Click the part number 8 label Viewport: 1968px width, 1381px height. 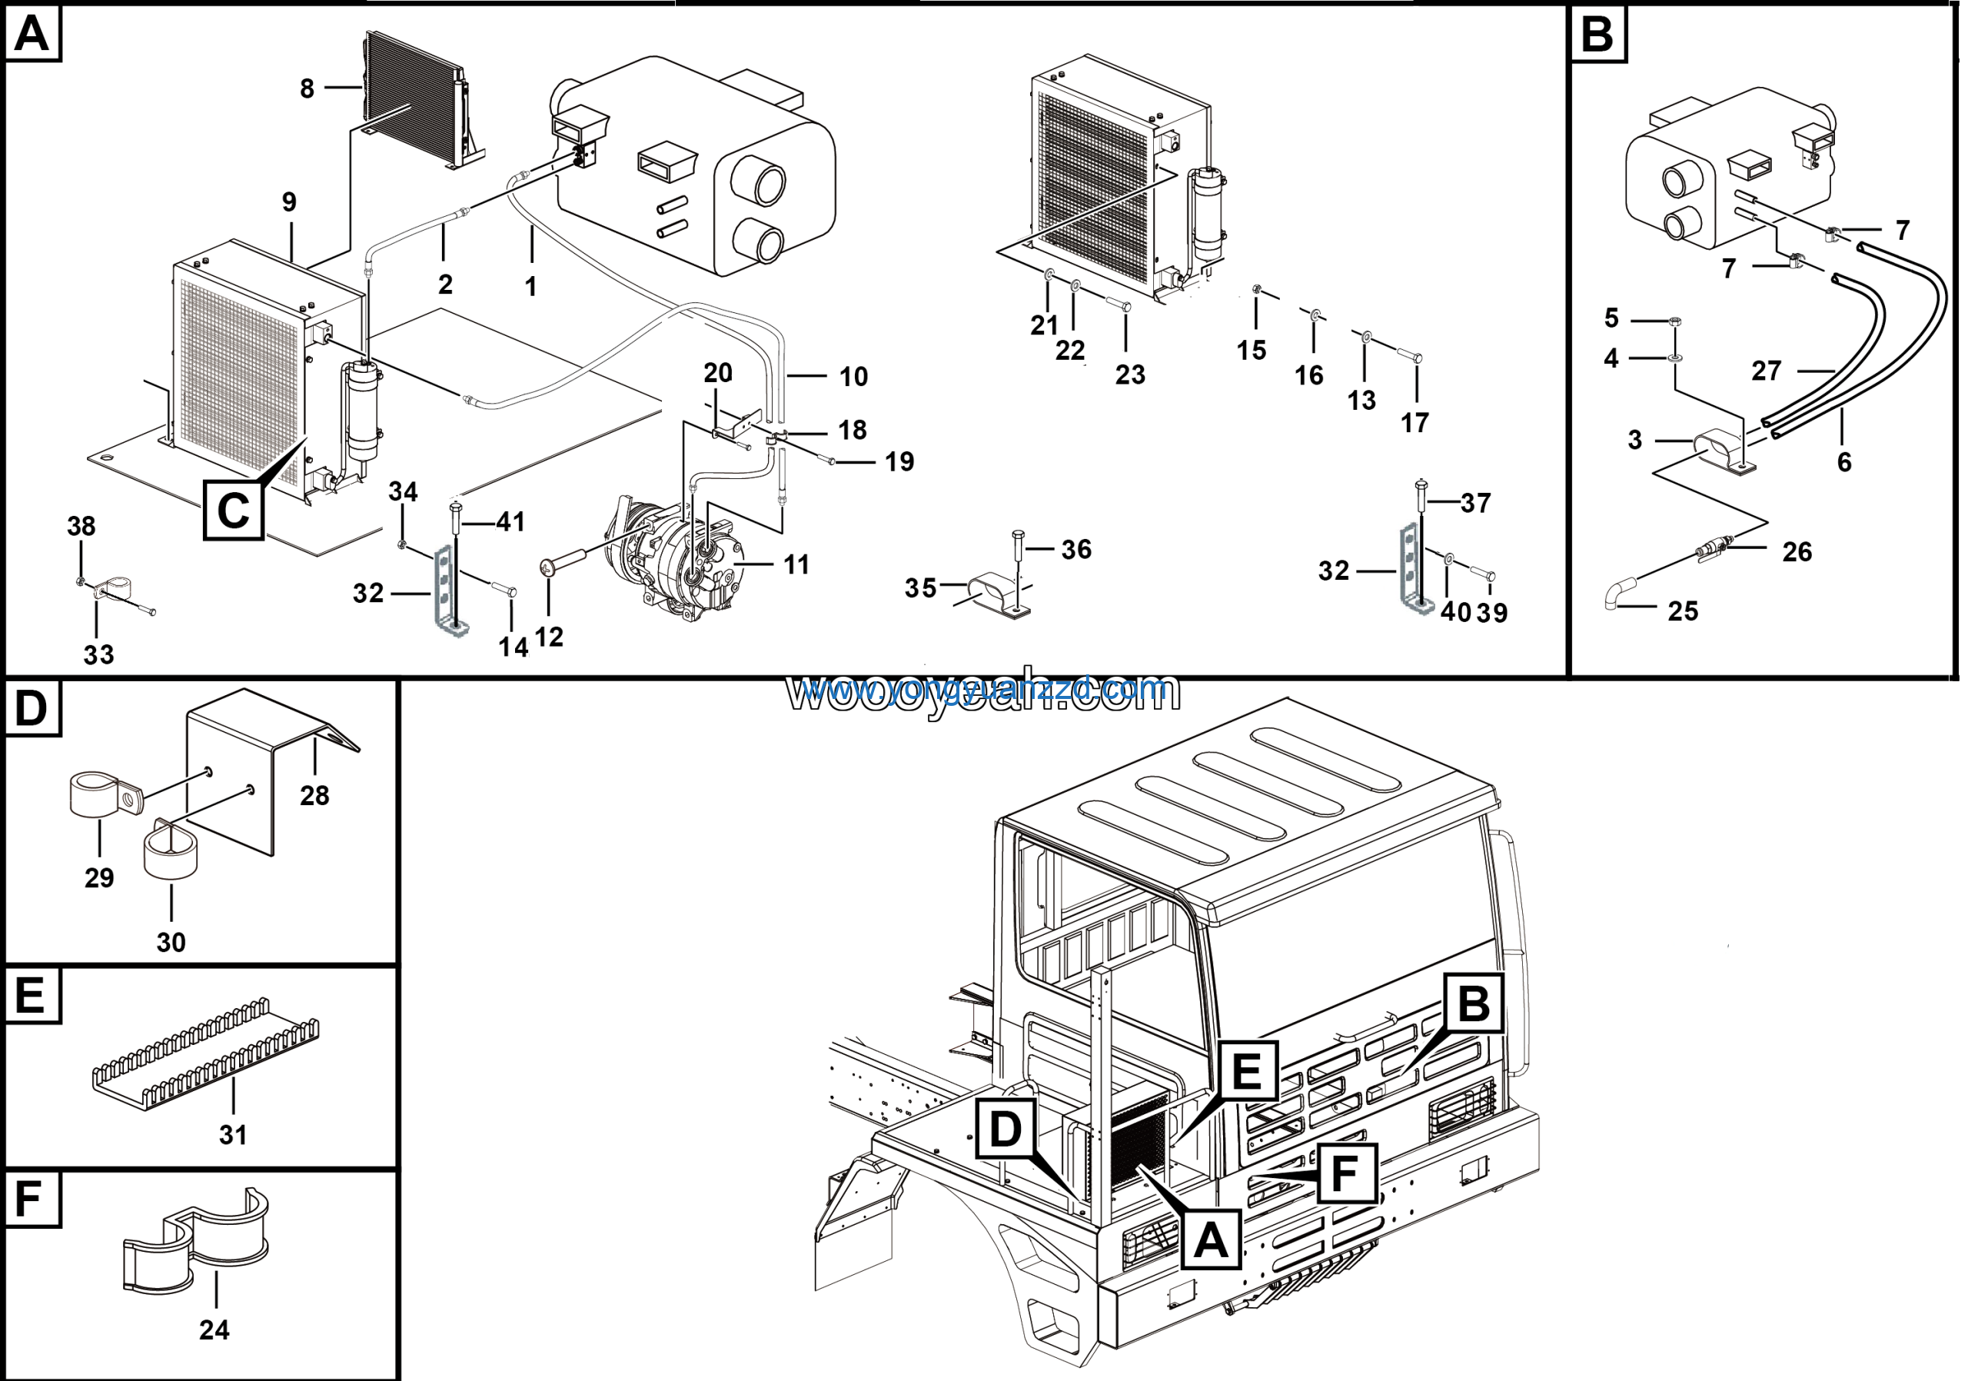tap(307, 88)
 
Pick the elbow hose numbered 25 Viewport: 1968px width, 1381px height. tap(1618, 593)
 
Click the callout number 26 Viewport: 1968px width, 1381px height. tap(1797, 552)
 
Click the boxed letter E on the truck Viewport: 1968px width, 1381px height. tap(1246, 1072)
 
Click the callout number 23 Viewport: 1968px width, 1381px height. tap(1130, 374)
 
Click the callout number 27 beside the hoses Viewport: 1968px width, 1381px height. tap(1766, 371)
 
